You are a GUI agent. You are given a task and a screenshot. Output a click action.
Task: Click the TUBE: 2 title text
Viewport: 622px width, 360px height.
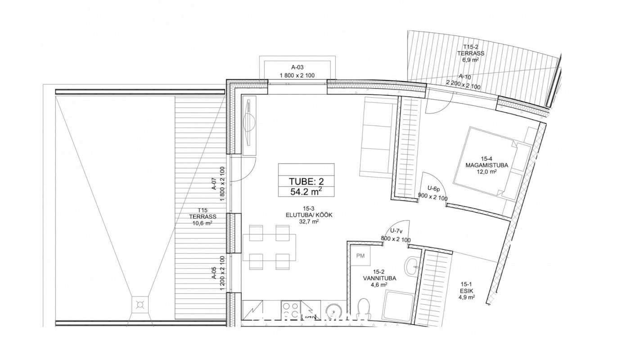click(x=306, y=181)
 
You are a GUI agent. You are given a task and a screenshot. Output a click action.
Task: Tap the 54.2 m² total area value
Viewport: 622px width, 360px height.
click(x=306, y=191)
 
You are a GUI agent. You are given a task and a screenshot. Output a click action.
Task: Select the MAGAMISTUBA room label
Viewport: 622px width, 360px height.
click(x=487, y=165)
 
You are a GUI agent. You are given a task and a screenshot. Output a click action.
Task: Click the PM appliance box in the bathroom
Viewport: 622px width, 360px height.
click(x=360, y=256)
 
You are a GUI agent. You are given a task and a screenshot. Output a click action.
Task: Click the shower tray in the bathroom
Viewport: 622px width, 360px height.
click(x=398, y=309)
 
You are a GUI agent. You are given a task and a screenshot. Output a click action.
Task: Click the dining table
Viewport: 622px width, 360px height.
click(x=269, y=247)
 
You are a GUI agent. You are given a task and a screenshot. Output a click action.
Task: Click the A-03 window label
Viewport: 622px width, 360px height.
click(x=297, y=67)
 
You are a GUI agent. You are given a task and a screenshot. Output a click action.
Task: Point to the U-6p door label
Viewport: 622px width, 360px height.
click(x=434, y=189)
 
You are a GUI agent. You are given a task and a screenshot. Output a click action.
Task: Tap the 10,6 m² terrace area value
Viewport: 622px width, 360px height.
click(x=202, y=223)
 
